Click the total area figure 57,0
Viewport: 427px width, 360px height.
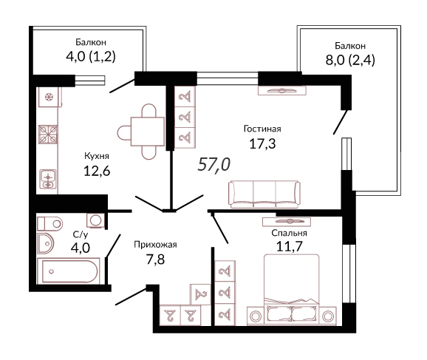214,165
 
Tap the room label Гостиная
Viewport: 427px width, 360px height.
262,129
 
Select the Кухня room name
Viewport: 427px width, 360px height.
97,156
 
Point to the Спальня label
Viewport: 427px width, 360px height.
289,233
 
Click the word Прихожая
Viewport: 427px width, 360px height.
155,245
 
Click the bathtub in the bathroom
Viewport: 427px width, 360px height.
69,271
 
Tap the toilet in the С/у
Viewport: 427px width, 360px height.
49,224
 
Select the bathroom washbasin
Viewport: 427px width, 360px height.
46,243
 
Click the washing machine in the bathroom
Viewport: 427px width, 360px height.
95,220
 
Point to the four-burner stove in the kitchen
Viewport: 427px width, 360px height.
48,135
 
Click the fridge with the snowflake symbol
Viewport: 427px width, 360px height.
49,97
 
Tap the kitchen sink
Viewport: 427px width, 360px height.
48,179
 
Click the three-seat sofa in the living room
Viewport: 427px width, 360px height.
264,194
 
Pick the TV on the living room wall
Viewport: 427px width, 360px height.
282,91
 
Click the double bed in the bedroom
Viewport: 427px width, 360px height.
291,290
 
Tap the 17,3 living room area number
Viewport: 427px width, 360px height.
262,143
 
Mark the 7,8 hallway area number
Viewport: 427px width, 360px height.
155,259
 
